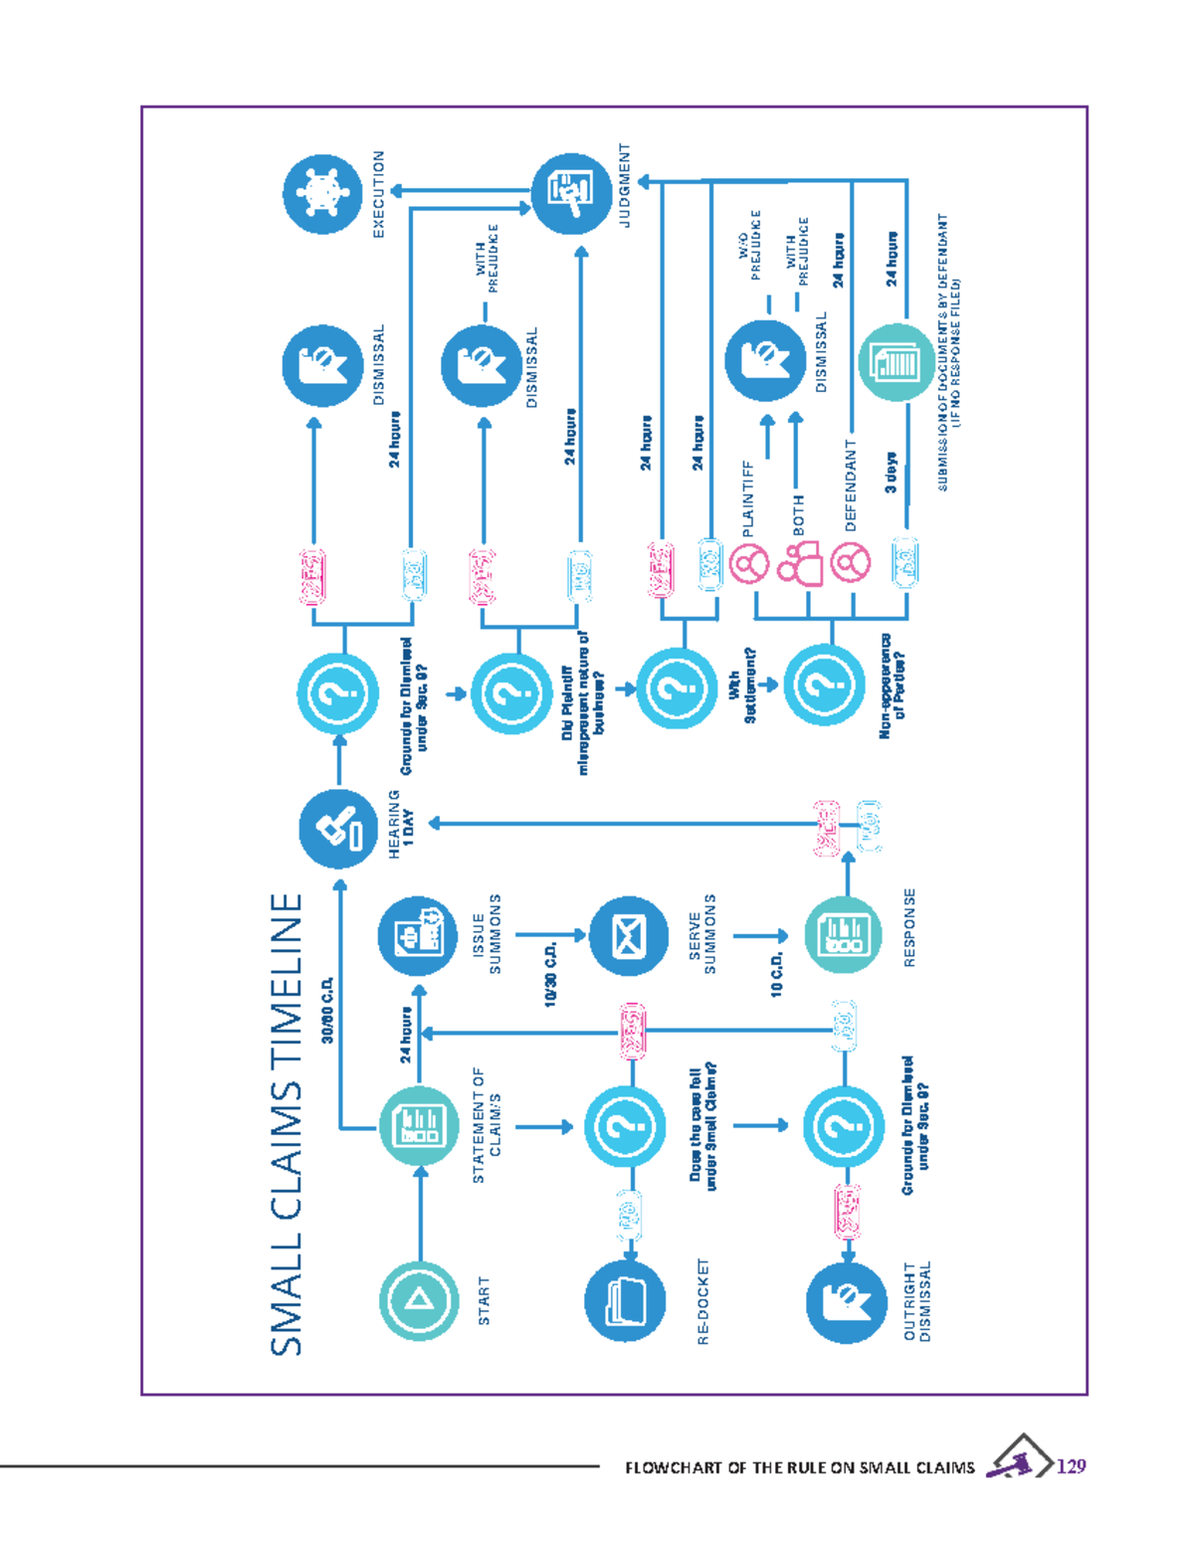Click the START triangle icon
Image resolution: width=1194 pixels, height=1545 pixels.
click(419, 1299)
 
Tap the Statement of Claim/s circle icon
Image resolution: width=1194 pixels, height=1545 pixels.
click(419, 1125)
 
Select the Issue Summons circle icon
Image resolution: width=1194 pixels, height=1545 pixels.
click(418, 935)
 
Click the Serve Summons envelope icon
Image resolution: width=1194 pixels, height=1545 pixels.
click(629, 935)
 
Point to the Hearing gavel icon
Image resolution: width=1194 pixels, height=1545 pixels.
click(339, 828)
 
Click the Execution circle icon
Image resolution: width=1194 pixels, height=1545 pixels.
click(322, 193)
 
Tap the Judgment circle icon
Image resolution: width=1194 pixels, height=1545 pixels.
click(572, 193)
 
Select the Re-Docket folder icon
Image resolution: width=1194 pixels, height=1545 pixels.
click(625, 1299)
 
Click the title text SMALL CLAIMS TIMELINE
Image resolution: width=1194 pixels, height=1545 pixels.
click(287, 1123)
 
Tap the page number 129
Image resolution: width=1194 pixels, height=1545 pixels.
click(1072, 1465)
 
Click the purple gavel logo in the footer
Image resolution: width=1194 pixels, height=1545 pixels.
click(1018, 1459)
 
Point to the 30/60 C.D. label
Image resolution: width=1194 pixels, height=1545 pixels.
click(327, 1009)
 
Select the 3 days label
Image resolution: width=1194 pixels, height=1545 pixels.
click(891, 473)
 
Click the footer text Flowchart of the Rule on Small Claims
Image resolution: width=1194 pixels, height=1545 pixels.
click(800, 1467)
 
